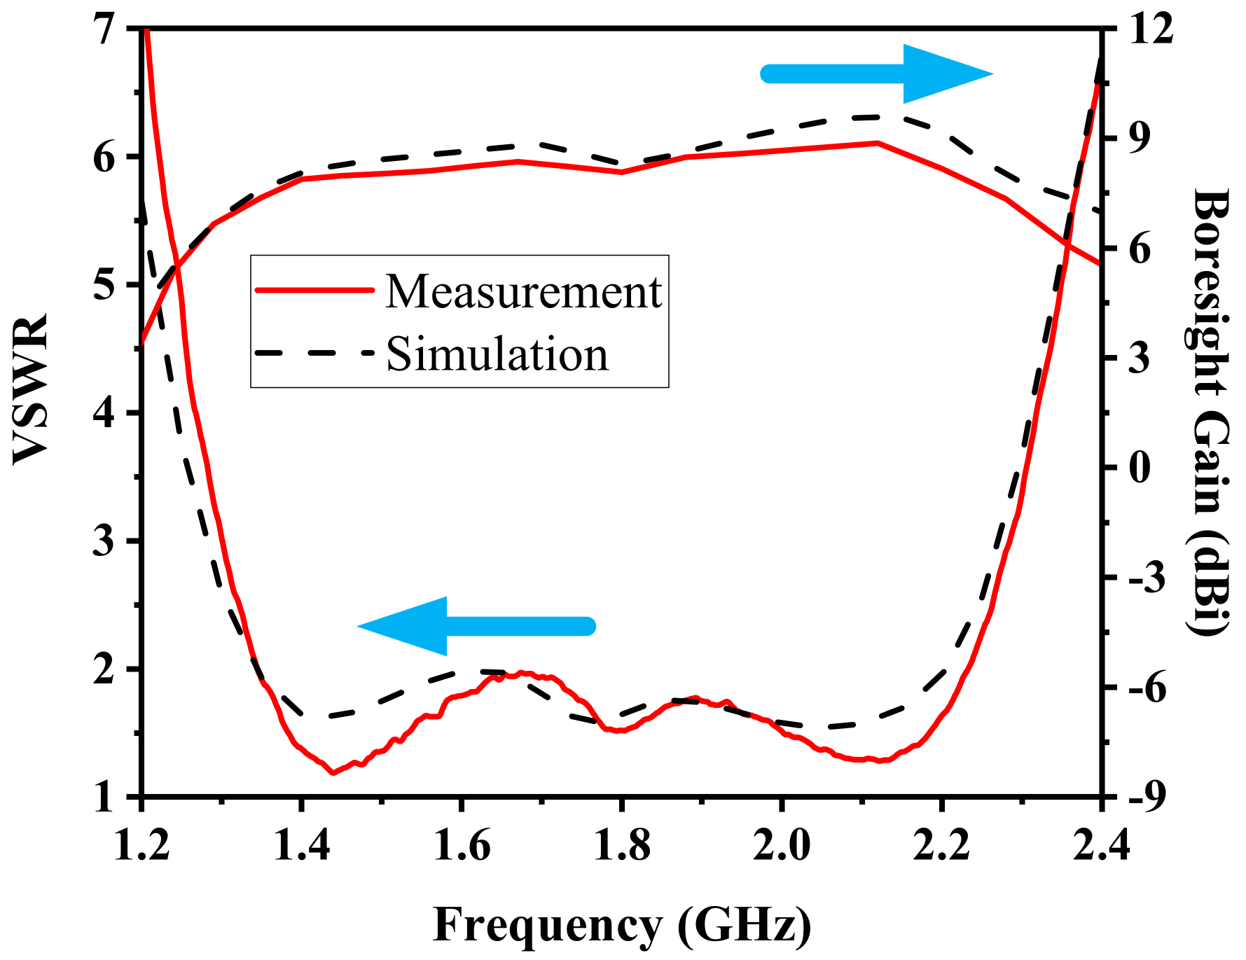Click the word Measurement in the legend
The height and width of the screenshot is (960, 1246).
point(523,291)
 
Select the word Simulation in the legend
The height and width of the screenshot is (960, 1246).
point(497,354)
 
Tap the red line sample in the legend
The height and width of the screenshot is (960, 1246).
point(314,290)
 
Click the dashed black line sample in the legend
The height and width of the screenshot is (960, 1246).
point(314,352)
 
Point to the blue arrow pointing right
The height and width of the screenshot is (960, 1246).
point(879,74)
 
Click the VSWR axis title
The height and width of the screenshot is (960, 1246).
point(31,389)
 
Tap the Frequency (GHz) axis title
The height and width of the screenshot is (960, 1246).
point(622,925)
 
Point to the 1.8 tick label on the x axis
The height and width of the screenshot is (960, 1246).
point(621,845)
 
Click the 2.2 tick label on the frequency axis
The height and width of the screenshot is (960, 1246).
point(941,845)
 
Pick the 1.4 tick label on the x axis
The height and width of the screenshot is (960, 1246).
point(301,845)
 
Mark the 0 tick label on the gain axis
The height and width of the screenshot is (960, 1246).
point(1140,467)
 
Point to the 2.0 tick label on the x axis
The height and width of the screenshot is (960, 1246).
point(781,845)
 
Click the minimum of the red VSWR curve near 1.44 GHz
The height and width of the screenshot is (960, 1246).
point(333,773)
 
